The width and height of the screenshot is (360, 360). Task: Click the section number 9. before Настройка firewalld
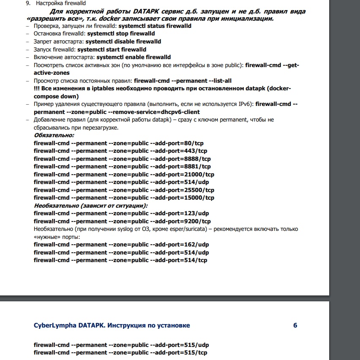[28, 3]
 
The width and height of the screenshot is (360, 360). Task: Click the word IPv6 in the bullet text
[242, 104]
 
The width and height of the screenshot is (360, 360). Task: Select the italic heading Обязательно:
[54, 135]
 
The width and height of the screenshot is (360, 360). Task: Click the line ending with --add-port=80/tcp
[118, 143]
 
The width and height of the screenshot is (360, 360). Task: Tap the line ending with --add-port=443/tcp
[120, 151]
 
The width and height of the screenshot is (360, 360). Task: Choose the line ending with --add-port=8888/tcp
[122, 159]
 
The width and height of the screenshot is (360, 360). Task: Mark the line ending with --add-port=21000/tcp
[124, 174]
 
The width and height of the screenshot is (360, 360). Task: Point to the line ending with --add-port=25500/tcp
[124, 190]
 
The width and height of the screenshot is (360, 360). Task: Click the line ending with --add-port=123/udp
[121, 213]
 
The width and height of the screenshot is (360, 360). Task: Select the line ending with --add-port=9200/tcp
[122, 221]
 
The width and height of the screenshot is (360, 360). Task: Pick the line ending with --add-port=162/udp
[121, 244]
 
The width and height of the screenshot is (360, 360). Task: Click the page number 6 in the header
[295, 325]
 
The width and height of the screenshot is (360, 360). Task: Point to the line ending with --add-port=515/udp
[121, 345]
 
